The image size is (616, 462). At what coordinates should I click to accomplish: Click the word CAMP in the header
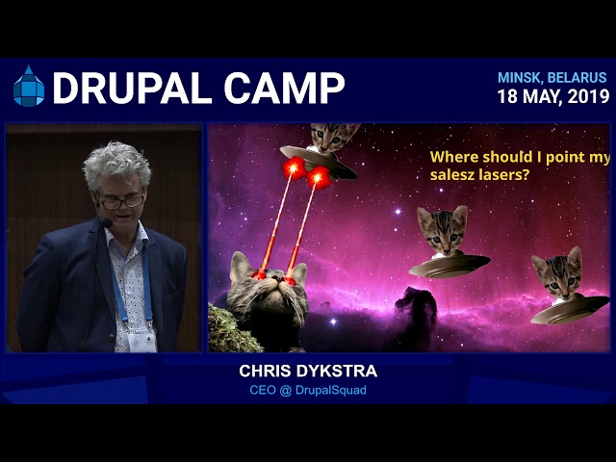tap(284, 88)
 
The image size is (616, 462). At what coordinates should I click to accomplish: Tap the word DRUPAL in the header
tap(132, 88)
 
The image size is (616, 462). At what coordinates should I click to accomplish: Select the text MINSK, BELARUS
tap(552, 78)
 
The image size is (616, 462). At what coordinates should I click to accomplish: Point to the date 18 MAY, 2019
tap(553, 96)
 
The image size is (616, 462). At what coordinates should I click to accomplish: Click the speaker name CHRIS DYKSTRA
tap(308, 372)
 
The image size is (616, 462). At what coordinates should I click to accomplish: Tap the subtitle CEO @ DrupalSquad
tap(308, 390)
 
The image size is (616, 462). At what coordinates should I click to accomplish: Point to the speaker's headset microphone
tap(106, 222)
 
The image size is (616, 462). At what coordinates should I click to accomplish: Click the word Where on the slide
tap(454, 157)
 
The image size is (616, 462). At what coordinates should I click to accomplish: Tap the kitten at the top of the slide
tap(334, 137)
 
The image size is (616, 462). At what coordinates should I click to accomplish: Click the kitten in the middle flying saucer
tap(444, 230)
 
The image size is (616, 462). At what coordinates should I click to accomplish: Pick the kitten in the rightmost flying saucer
tap(558, 274)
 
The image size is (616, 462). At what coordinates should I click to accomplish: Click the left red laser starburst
tap(294, 168)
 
